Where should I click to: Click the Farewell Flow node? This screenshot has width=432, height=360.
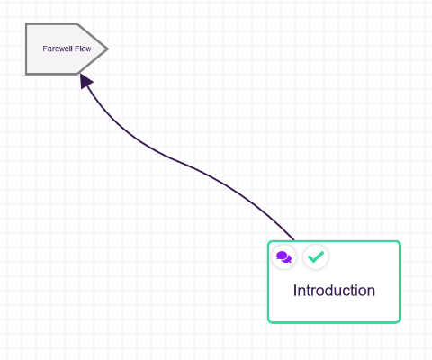pos(67,49)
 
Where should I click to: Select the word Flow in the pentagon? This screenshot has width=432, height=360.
pos(83,49)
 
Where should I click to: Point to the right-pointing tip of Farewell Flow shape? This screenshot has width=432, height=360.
pos(108,49)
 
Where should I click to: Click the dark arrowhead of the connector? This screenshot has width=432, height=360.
pos(85,81)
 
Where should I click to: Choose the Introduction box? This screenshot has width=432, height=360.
pos(334,282)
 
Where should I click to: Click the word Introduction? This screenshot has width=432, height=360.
pos(334,291)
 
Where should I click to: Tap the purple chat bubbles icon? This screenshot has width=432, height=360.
pos(283,257)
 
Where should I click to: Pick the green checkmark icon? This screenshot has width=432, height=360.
pos(316,256)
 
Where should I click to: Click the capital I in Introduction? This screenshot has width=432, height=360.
pos(295,291)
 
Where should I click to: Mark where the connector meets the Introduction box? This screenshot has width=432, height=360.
pos(294,240)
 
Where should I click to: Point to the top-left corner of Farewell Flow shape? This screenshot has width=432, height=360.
pos(26,23)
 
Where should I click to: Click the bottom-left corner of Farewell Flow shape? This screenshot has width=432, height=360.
pos(26,74)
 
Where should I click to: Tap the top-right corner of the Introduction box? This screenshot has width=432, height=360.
pos(400,241)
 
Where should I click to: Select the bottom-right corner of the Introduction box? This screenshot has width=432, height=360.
pos(400,322)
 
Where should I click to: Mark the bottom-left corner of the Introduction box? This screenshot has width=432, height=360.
pos(268,322)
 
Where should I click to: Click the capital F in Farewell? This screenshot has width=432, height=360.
pos(44,49)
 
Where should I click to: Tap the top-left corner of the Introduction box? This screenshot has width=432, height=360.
pos(268,241)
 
